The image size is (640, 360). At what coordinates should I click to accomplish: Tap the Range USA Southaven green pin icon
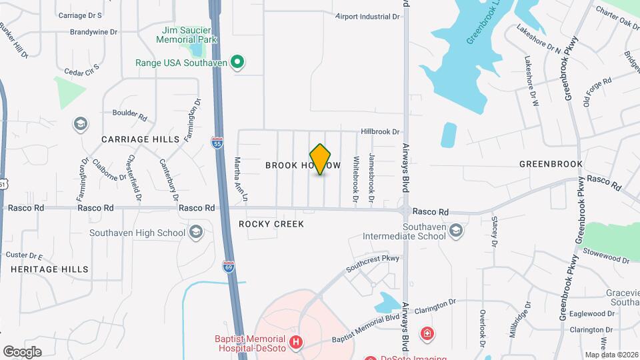point(237,63)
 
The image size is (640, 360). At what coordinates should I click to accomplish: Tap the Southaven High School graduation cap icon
point(195,232)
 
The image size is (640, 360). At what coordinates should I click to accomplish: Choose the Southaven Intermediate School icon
point(455,231)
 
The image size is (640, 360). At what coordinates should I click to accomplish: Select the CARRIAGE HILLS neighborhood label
point(141,139)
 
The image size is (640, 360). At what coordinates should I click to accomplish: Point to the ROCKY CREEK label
point(271,224)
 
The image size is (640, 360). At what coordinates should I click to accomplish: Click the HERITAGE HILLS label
point(49,269)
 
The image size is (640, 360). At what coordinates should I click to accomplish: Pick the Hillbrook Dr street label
point(380,132)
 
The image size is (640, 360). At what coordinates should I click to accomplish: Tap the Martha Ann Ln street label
point(241,179)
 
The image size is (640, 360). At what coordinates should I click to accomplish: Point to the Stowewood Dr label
point(606,253)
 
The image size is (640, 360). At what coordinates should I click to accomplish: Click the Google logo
point(22,352)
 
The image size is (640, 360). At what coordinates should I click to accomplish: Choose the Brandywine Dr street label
point(94,31)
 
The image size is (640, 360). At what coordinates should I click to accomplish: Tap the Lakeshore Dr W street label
point(531,81)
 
